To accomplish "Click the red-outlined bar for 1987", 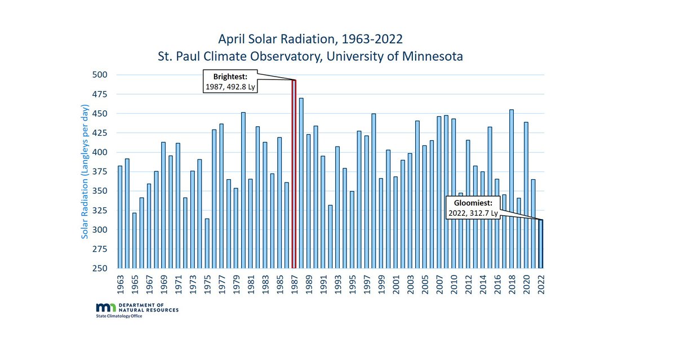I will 293,175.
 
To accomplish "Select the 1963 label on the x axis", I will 120,284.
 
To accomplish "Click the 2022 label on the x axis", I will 541,284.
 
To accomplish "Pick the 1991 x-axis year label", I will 323,284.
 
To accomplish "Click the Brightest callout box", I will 229,82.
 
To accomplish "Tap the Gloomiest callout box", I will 472,208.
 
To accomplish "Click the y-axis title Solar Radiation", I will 85,172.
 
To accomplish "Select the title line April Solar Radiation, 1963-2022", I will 310,39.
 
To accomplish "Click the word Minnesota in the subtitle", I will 432,57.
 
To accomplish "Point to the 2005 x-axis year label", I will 425,284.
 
